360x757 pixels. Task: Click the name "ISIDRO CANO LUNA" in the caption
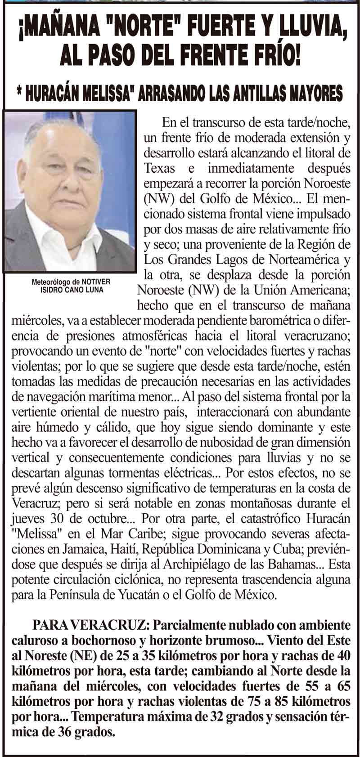[72, 290]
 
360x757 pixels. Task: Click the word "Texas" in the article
[158, 168]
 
